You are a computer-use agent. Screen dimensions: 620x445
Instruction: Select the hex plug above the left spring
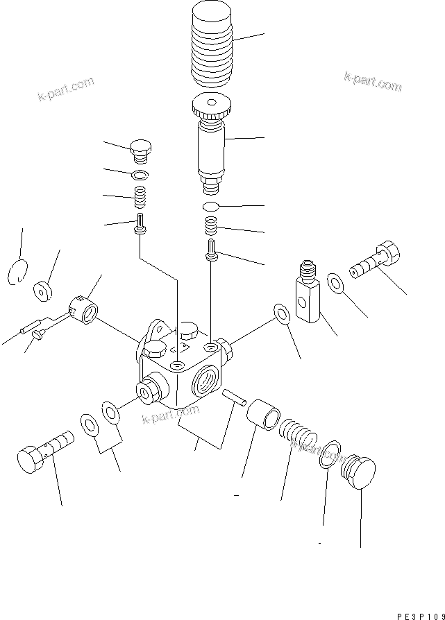tap(142, 149)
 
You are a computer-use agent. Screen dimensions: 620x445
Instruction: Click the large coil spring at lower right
tap(297, 436)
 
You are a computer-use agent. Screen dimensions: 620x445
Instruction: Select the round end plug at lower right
tap(359, 473)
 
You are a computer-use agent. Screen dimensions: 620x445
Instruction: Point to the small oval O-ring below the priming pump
tap(211, 207)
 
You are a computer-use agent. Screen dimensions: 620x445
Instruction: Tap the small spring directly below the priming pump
tap(212, 226)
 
